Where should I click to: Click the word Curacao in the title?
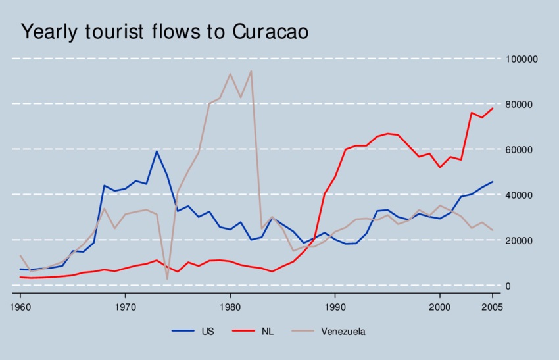click(270, 32)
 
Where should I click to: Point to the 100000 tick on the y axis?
click(522, 59)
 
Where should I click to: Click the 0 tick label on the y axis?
click(508, 286)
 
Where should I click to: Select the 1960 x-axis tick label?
click(20, 307)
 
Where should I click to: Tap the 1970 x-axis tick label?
click(125, 307)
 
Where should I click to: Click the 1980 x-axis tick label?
click(230, 307)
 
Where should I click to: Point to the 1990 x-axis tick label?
click(335, 307)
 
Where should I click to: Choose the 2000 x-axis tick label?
click(439, 307)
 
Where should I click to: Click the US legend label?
click(207, 332)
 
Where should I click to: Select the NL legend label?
click(266, 332)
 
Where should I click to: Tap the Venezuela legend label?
click(343, 332)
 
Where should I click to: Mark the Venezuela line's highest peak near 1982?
click(251, 71)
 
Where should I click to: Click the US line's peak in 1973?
click(157, 151)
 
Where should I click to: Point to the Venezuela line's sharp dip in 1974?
click(167, 279)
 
